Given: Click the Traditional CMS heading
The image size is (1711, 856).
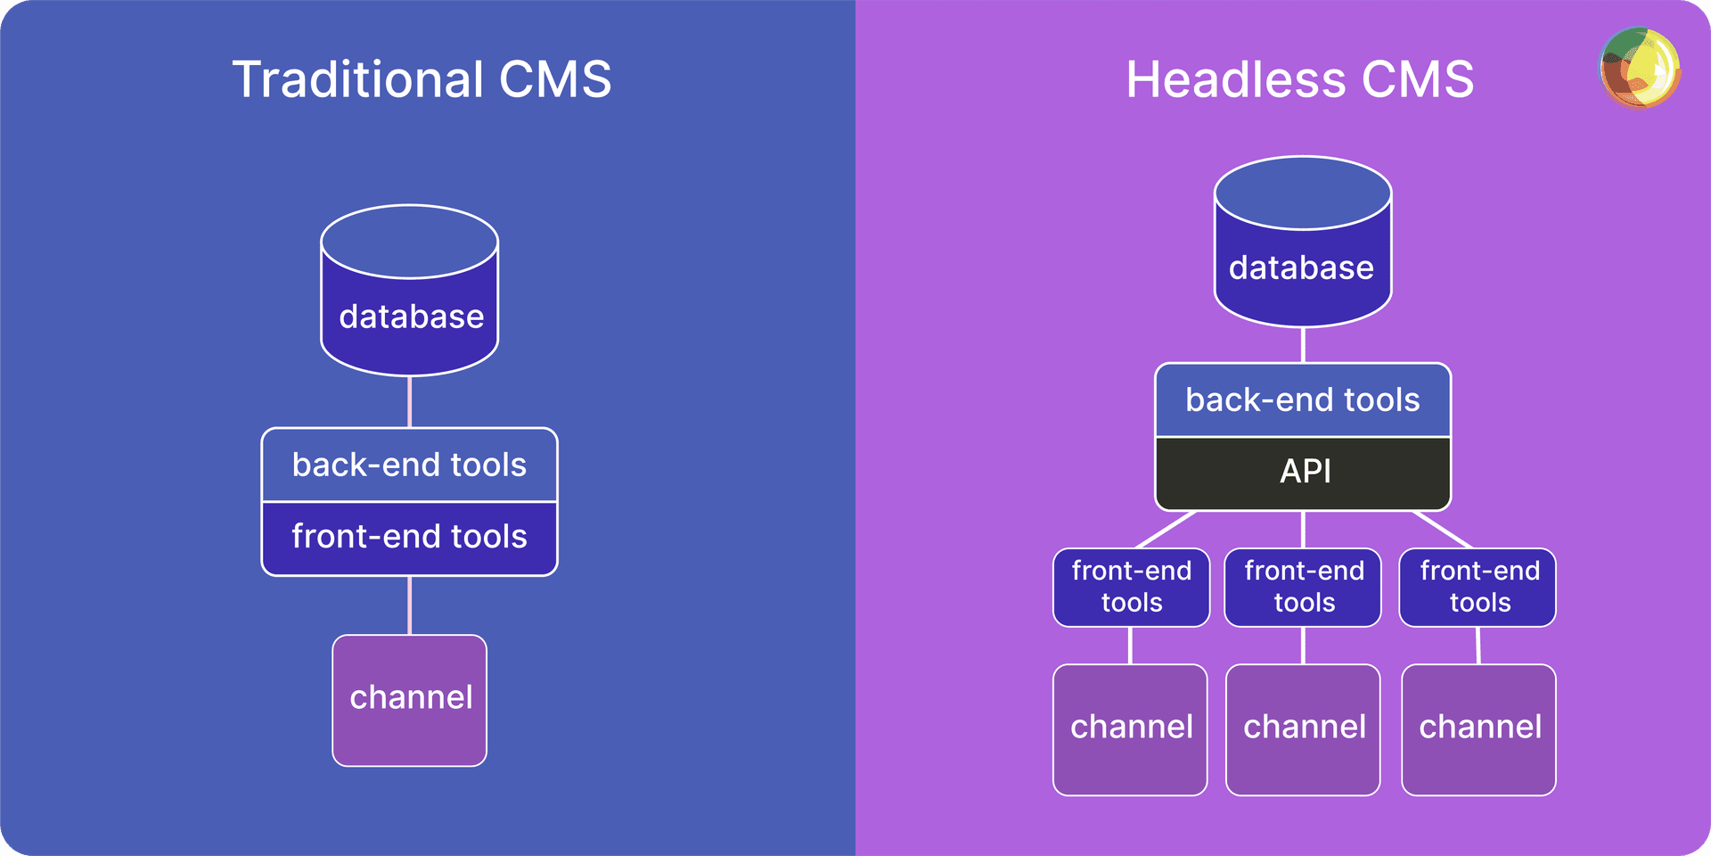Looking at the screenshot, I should coord(422,79).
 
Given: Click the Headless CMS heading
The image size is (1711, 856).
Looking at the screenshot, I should coord(1299,79).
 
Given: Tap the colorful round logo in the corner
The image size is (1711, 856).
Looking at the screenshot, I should coord(1640,68).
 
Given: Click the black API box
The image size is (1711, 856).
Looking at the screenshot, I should coord(1303,472).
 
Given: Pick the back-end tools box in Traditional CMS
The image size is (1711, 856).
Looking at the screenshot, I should coord(410,465).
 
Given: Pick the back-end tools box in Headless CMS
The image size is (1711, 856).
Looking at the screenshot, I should coord(1303,399).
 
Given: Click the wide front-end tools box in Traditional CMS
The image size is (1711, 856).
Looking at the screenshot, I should coord(410,538).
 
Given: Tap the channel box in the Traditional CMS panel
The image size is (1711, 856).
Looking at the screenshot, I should coord(410,700).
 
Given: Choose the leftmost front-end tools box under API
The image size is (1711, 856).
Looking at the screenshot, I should coord(1131,587).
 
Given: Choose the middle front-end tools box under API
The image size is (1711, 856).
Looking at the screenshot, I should coord(1303,587).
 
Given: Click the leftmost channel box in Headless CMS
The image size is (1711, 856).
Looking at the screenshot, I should coord(1130,728).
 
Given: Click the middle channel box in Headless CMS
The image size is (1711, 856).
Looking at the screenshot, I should coord(1303,728).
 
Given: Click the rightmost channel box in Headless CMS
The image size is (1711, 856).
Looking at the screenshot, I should coord(1478,728).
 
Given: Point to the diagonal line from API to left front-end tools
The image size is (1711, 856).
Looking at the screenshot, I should coord(1166,530).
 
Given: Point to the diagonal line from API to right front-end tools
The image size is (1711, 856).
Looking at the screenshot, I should coord(1442,530).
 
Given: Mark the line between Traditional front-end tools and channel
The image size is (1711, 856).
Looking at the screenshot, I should coord(410,605).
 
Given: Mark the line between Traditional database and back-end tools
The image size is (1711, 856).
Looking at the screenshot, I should coord(410,401).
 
